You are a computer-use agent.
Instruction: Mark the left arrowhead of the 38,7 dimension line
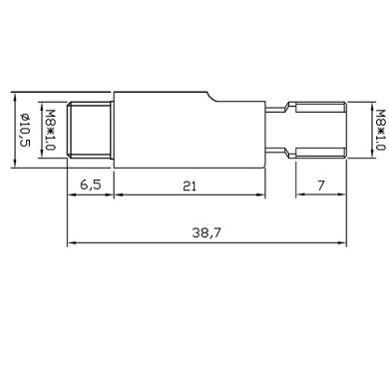click(71, 242)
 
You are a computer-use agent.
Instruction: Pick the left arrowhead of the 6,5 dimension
click(71, 196)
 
